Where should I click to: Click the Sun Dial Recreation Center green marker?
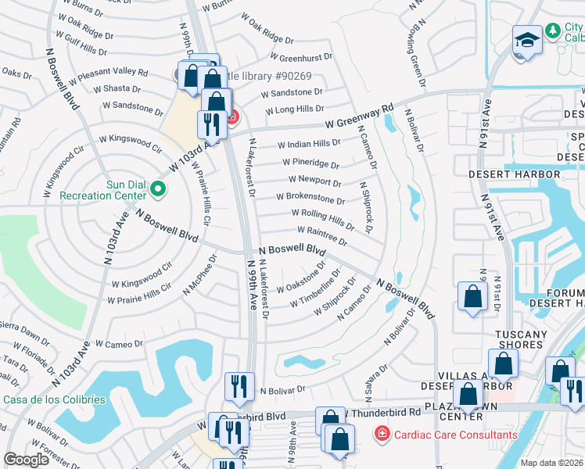[x=157, y=188]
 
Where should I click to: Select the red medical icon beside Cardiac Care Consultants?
[x=382, y=433]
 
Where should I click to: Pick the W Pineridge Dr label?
[x=309, y=165]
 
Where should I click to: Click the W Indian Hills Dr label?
[x=309, y=144]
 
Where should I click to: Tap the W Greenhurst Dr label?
[x=301, y=56]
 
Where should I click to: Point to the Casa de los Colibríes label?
[x=54, y=399]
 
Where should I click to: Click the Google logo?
[x=26, y=460]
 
